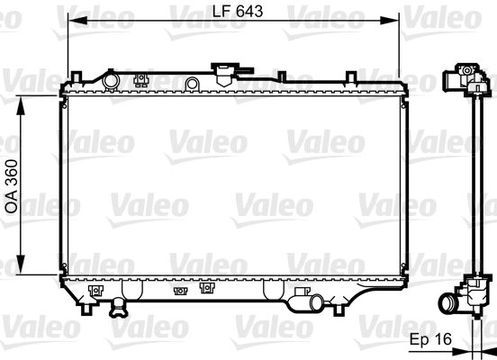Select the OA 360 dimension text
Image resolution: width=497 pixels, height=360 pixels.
[12, 185]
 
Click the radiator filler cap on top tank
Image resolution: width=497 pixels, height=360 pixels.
[222, 71]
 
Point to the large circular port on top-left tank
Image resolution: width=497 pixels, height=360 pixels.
[111, 82]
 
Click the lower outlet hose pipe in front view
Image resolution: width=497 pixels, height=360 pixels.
[306, 302]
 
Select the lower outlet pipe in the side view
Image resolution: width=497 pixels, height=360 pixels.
[448, 303]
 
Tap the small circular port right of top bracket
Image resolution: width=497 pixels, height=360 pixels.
[191, 84]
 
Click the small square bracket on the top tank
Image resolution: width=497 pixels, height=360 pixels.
[140, 79]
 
